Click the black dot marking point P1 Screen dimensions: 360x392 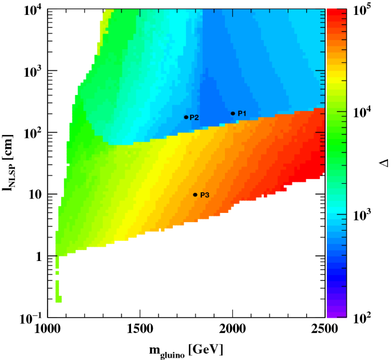pyautogui.click(x=233, y=113)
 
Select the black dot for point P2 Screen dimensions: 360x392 pyautogui.click(x=186, y=117)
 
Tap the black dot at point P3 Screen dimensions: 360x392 pyautogui.click(x=195, y=195)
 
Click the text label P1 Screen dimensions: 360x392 pyautogui.click(x=242, y=113)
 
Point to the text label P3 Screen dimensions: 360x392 pyautogui.click(x=205, y=195)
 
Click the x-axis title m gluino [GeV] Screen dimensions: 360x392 pyautogui.click(x=184, y=349)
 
